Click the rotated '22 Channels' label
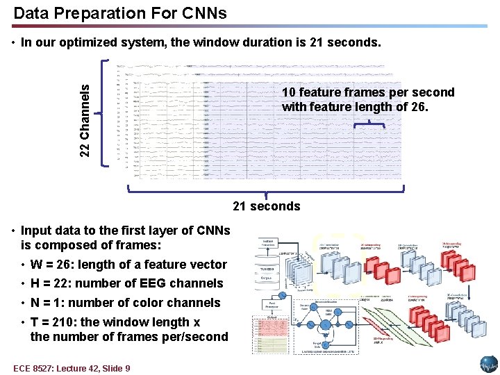pos(84,119)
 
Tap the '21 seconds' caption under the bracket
pos(267,206)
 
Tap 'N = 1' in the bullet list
pos(49,303)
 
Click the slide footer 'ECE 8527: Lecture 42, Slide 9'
pos(72,368)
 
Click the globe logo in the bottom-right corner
pos(489,365)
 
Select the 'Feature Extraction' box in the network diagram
pos(267,244)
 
